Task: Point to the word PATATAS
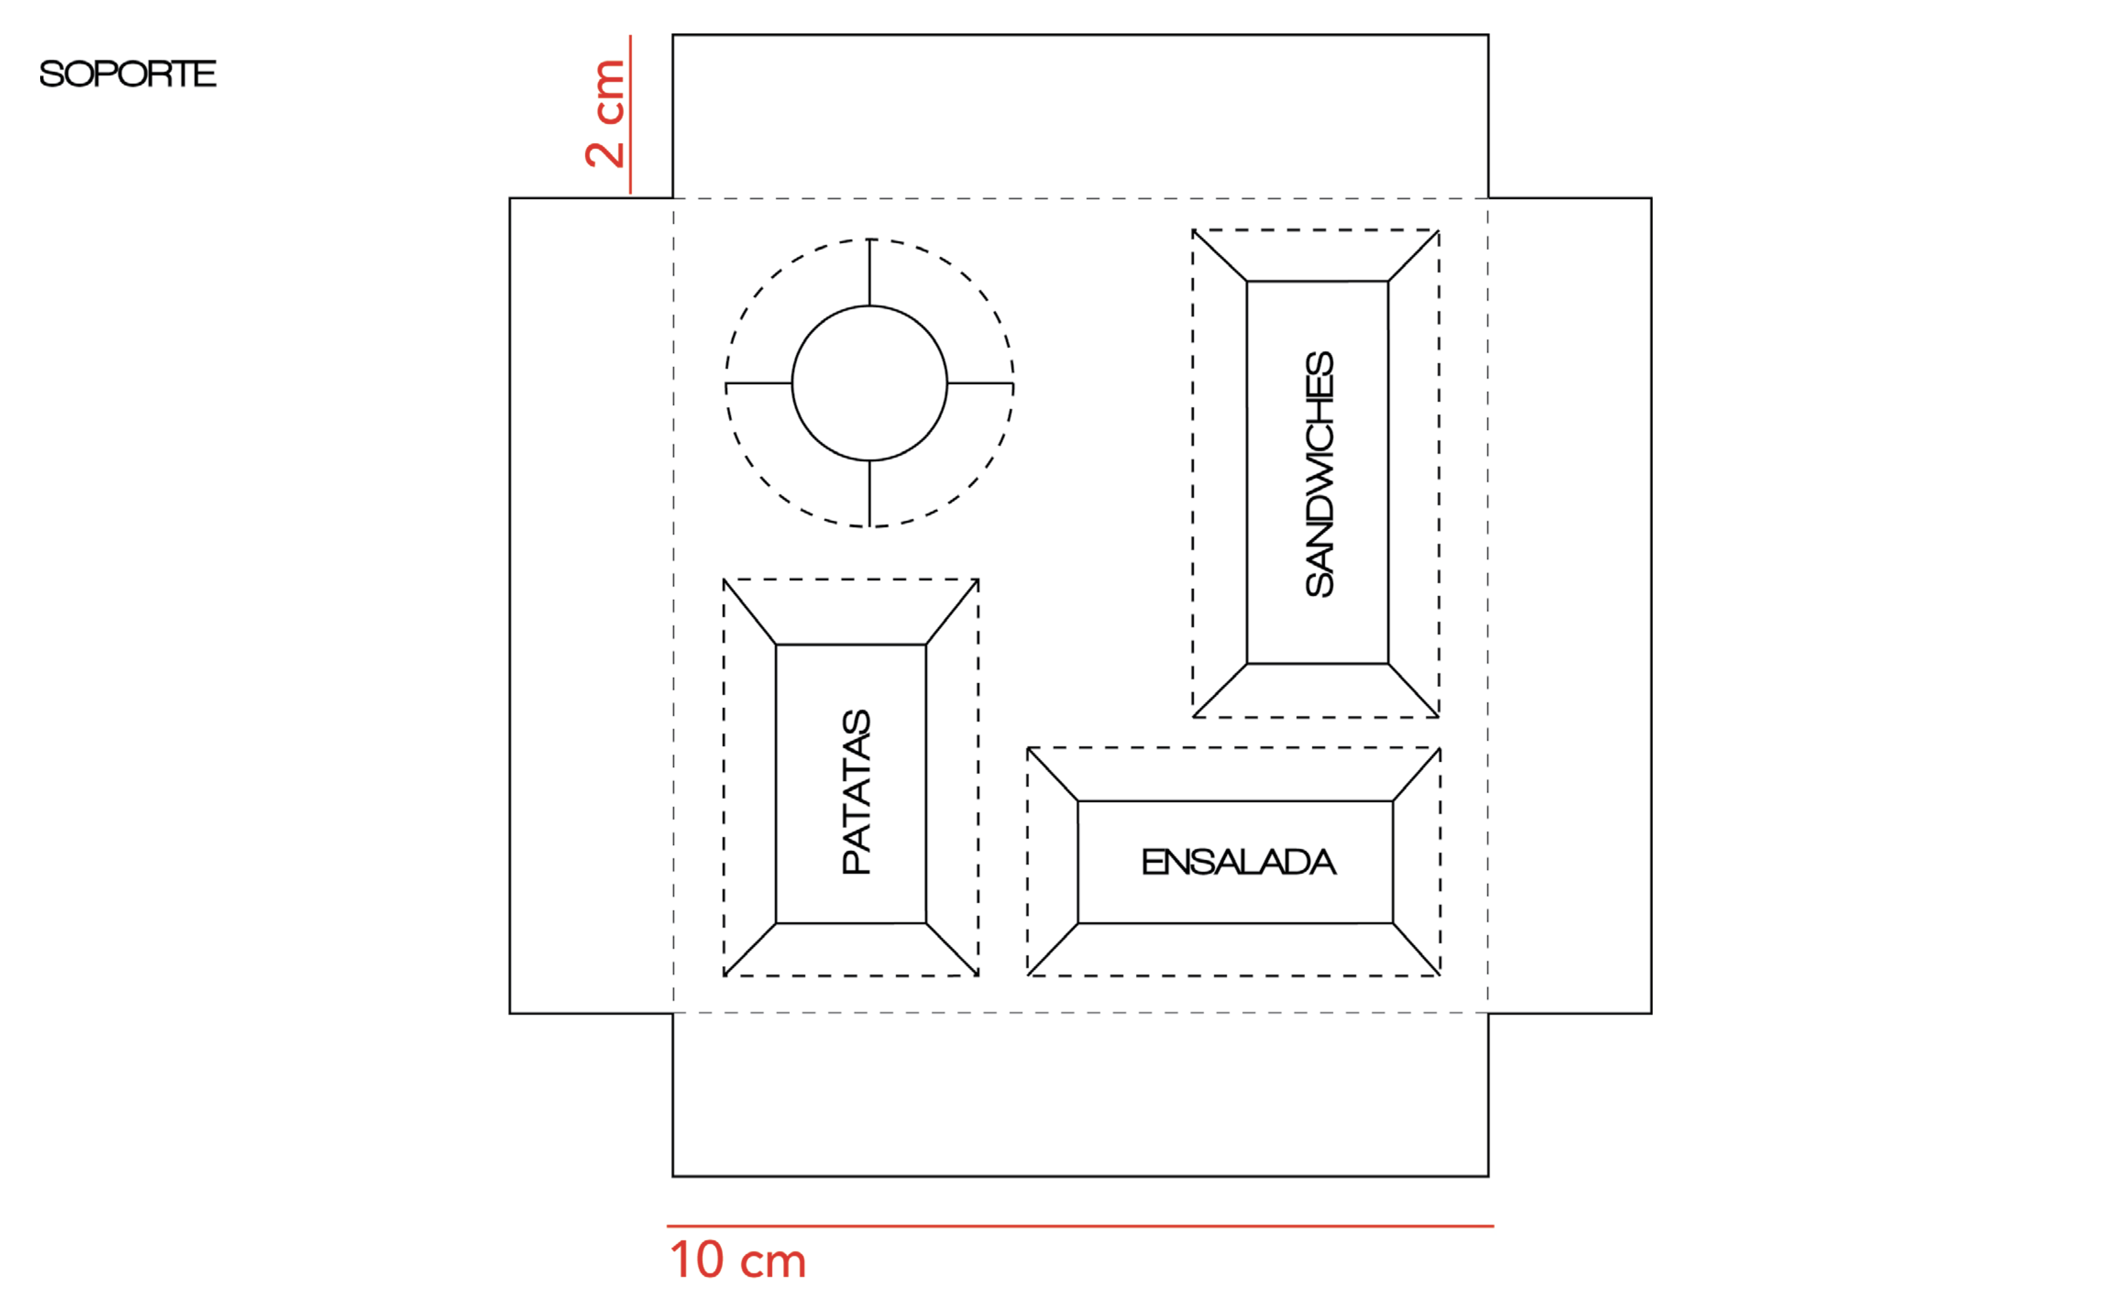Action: pos(856,792)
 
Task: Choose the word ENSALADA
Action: pos(1238,862)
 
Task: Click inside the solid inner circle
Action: pos(869,383)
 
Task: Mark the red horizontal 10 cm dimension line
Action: pos(1080,1225)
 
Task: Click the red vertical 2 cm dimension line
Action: pos(630,114)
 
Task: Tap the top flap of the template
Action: pos(1080,116)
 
